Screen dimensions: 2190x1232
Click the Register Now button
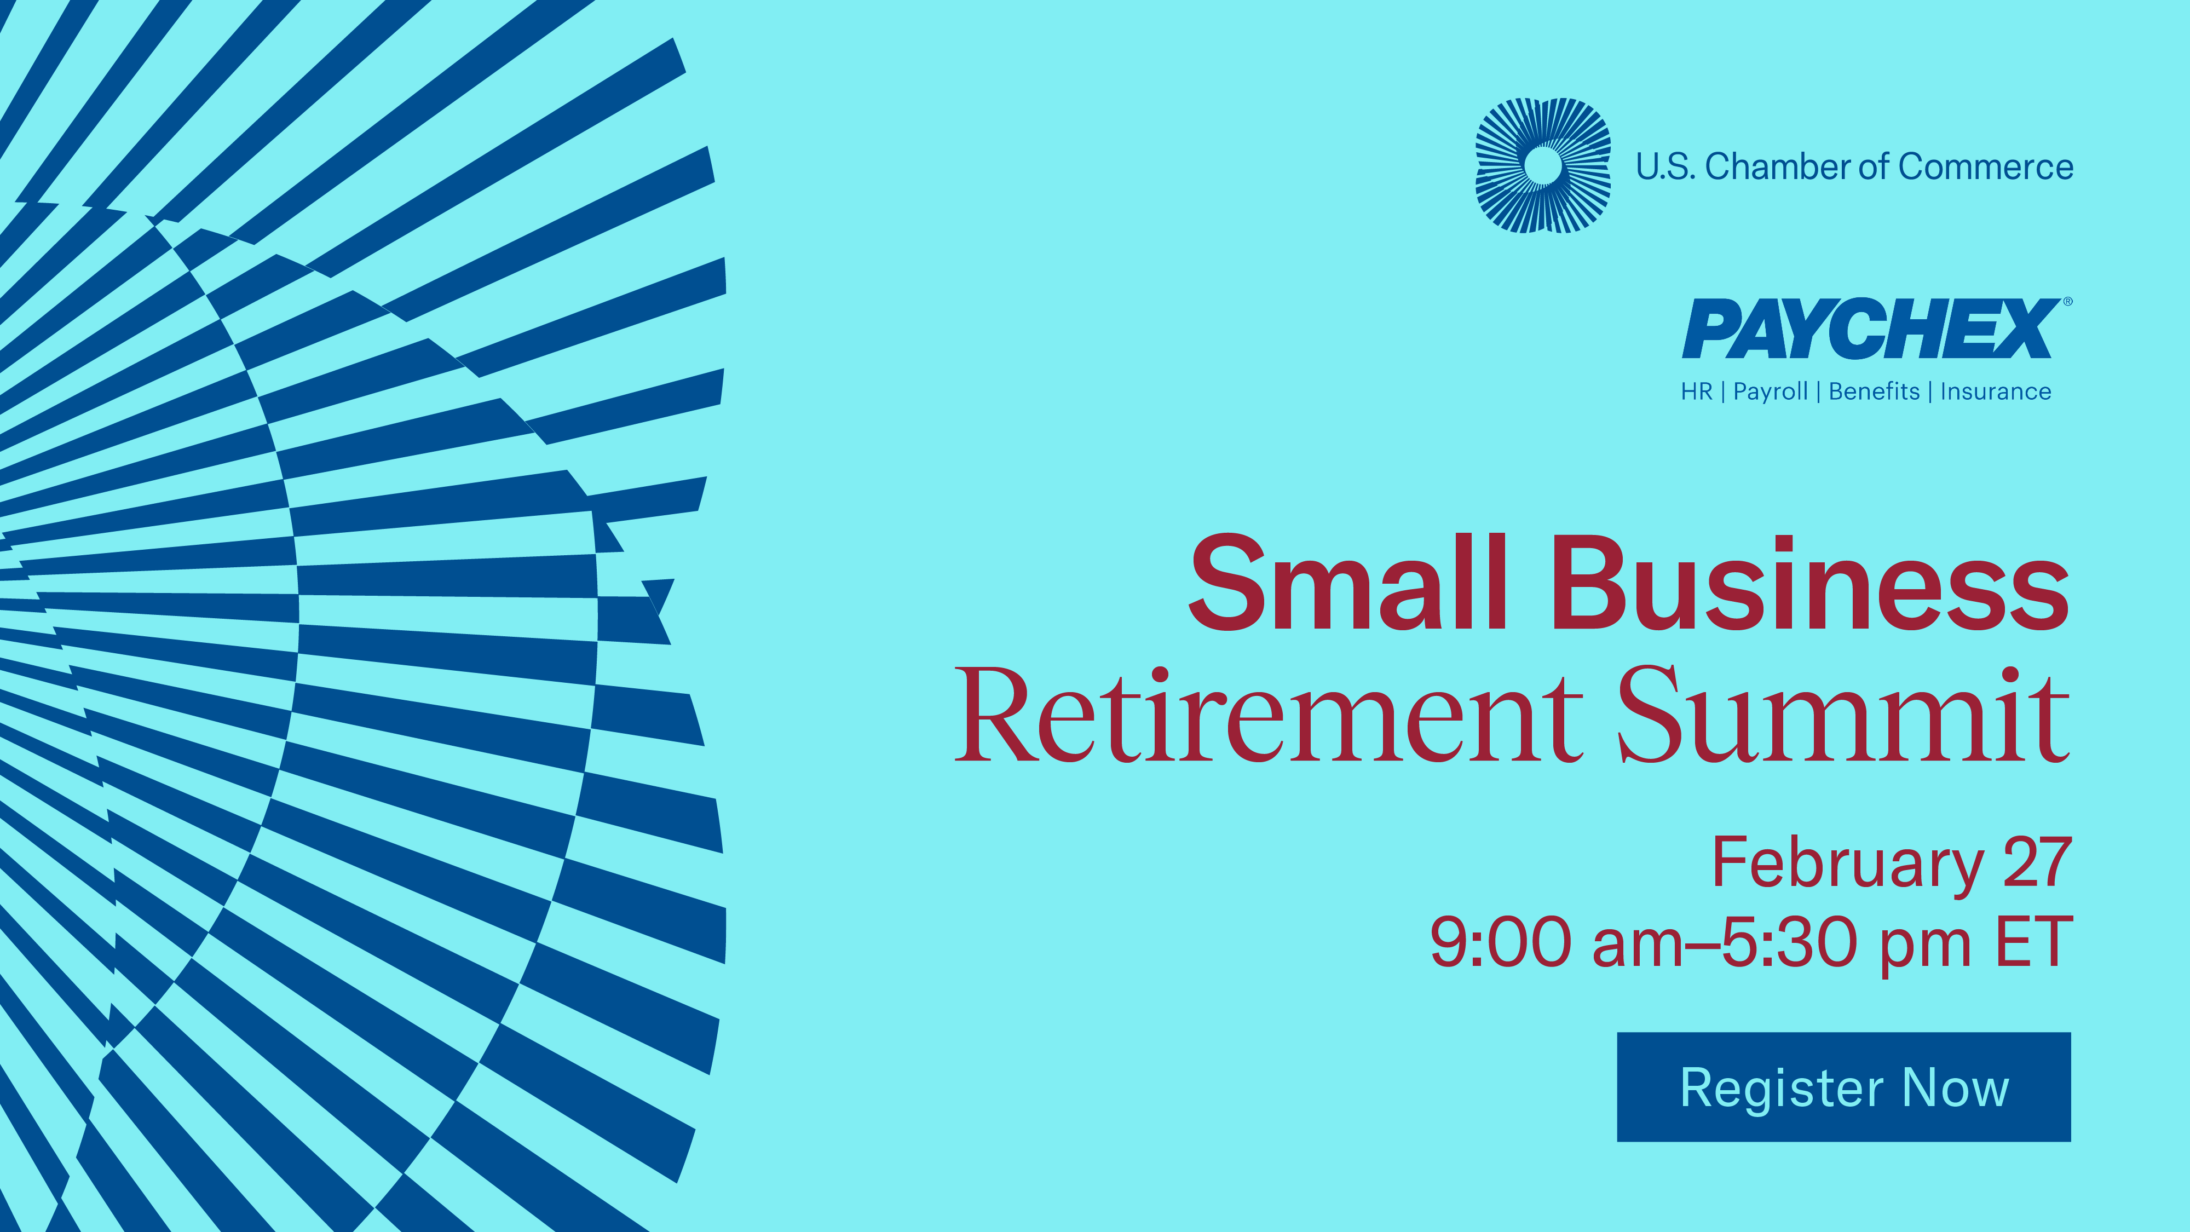(1843, 1086)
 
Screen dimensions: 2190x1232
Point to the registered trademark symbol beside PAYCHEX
(2067, 301)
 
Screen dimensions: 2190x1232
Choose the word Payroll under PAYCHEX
(1770, 392)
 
